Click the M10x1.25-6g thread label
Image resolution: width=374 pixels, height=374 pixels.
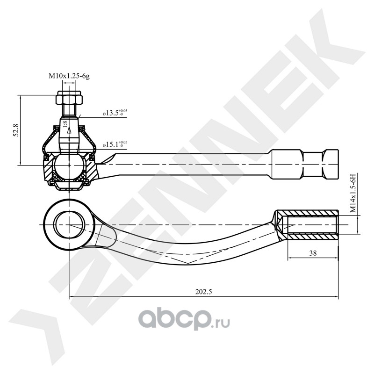(69, 75)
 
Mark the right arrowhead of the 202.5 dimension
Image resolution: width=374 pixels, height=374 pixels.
(335, 296)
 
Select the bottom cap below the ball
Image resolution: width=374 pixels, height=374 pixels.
(69, 186)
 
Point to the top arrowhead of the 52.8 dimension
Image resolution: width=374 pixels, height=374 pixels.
(21, 97)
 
